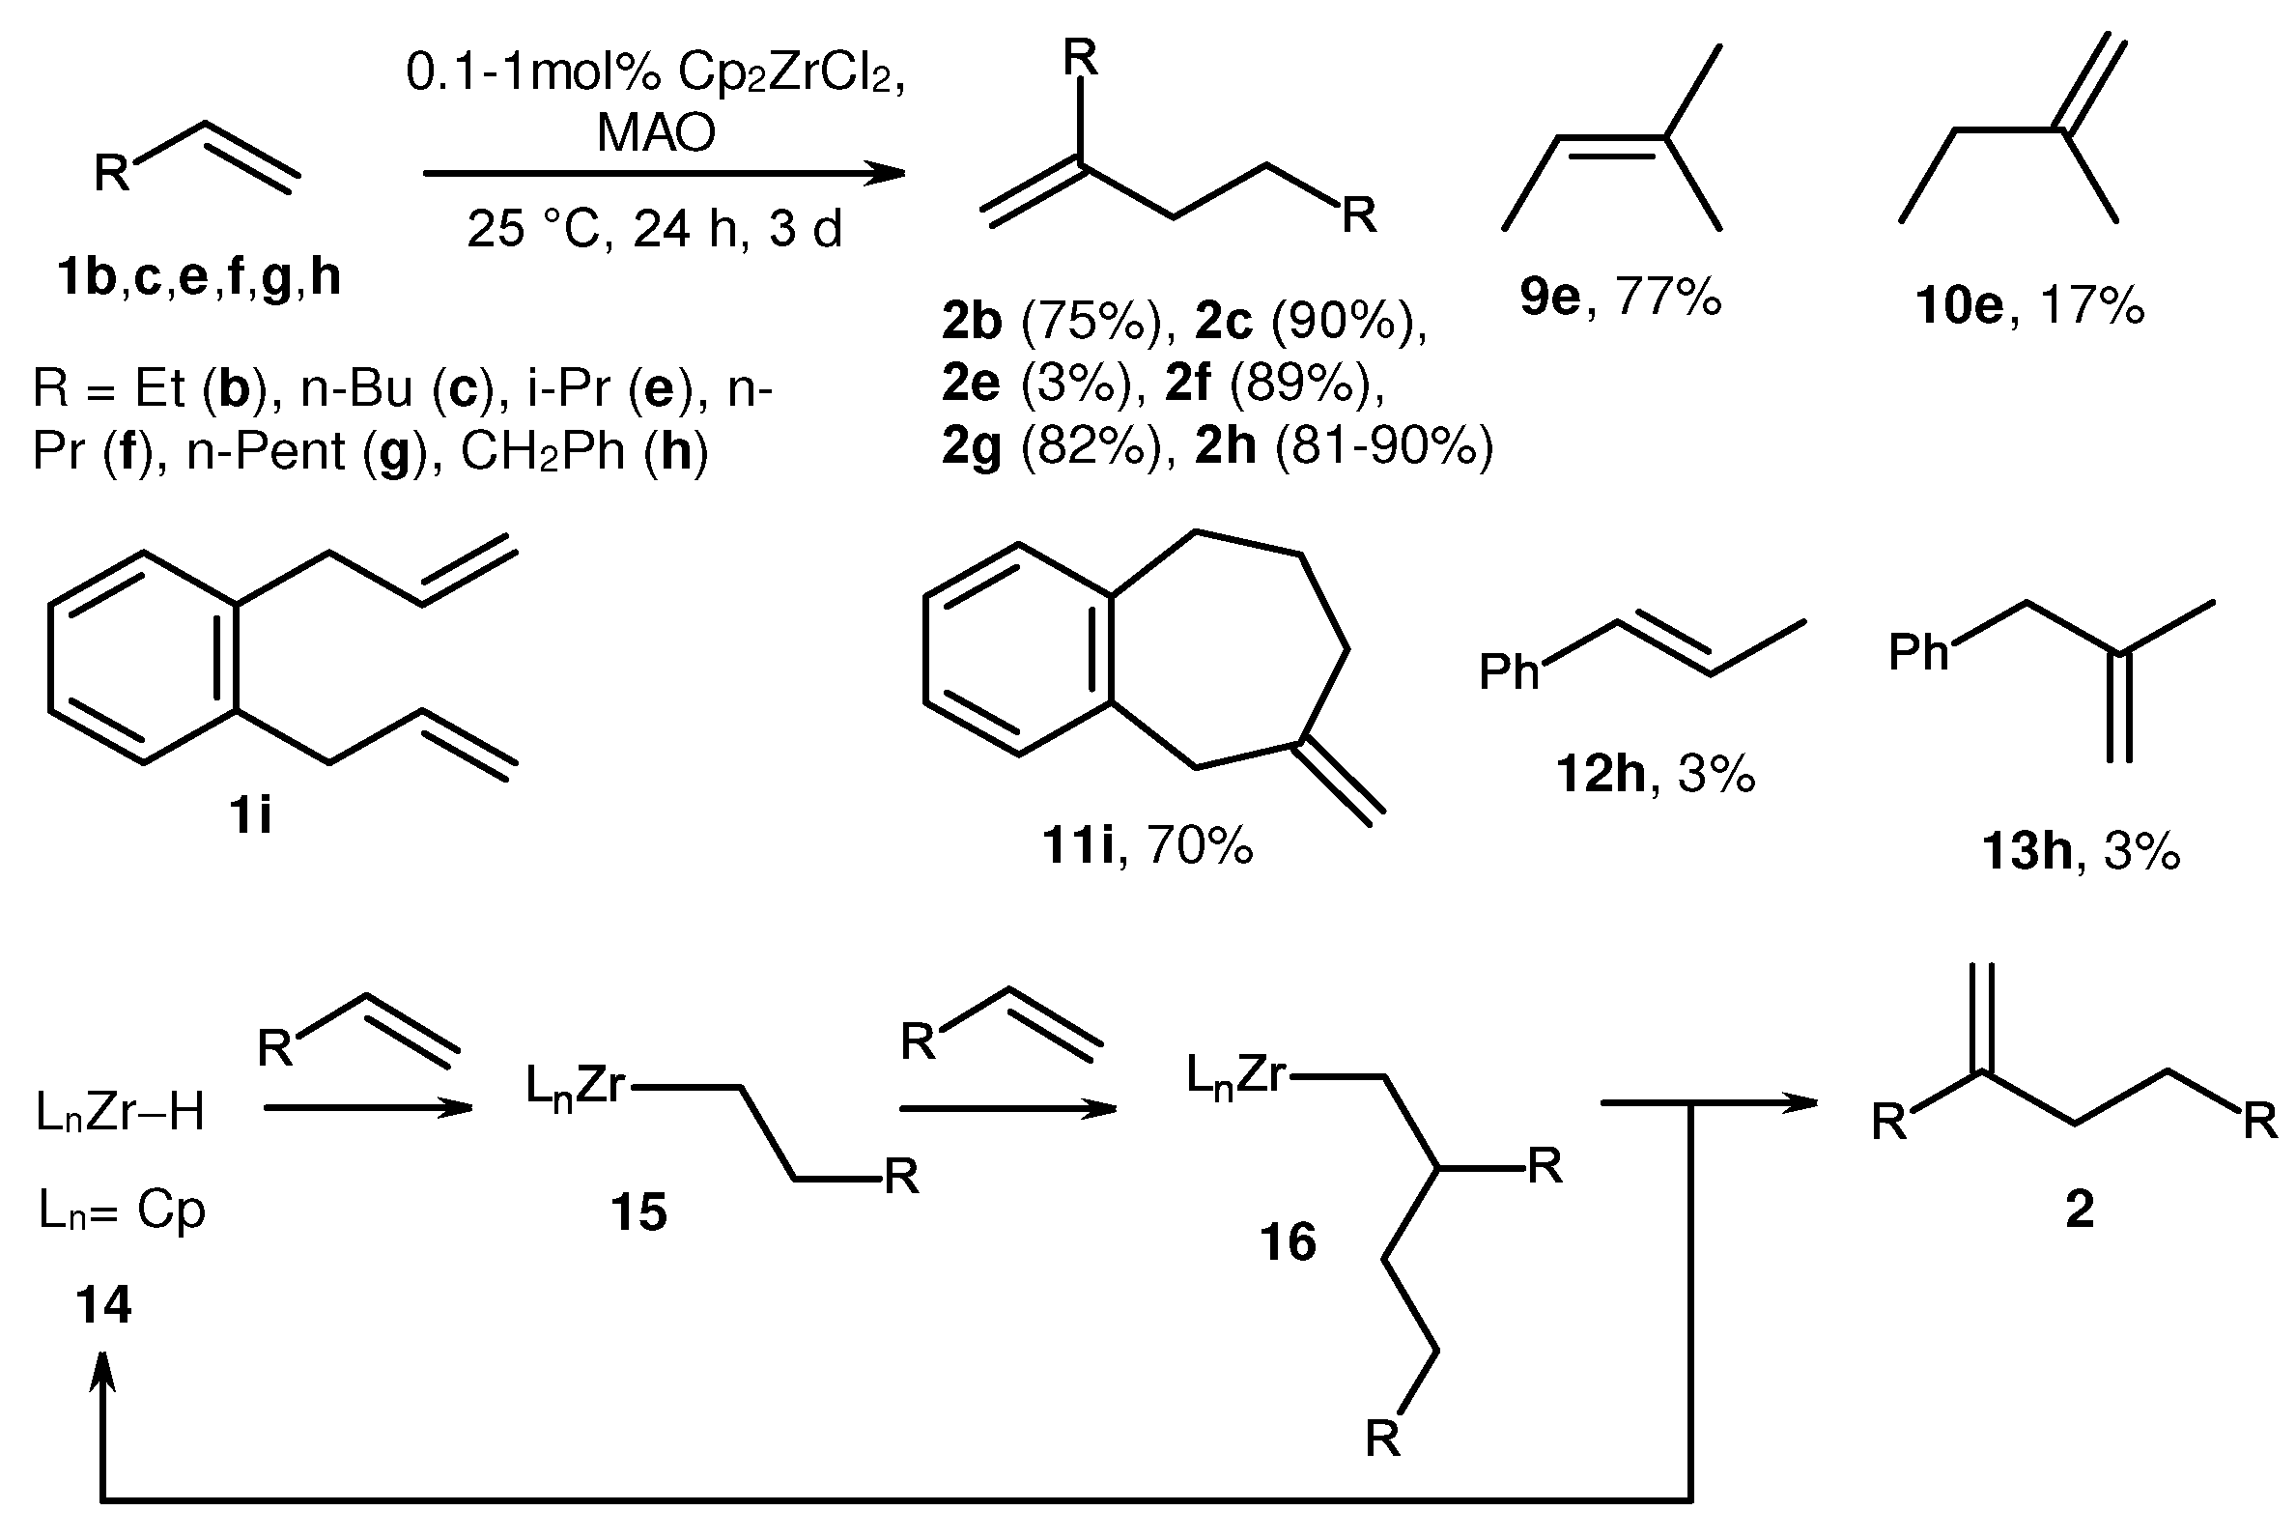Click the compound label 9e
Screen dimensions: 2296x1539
tap(1550, 297)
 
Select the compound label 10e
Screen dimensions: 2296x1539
tap(1959, 305)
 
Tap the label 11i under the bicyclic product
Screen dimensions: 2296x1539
tap(1078, 845)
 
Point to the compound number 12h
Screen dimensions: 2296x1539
tap(1601, 775)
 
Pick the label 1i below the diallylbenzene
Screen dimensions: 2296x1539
tap(250, 814)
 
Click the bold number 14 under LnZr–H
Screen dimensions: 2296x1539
tap(103, 1304)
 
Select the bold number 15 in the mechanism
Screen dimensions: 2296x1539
tap(638, 1212)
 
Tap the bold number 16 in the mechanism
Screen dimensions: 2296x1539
tap(1288, 1242)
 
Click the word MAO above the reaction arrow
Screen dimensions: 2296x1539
tap(657, 132)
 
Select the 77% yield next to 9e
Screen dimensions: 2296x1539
tap(1668, 297)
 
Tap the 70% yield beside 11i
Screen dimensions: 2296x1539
tap(1199, 845)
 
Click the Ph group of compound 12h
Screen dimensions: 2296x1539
tap(1509, 673)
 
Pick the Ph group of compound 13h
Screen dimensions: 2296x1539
tap(1918, 652)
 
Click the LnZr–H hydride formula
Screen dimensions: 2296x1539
tap(120, 1113)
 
